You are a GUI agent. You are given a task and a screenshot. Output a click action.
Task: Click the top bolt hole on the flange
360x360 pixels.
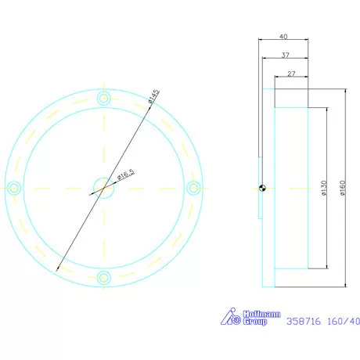103,98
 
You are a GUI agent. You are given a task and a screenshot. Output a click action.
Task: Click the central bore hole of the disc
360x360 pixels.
103,186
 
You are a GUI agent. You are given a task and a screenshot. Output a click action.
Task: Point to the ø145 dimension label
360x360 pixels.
153,97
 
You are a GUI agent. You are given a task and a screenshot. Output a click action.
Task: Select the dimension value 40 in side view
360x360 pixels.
283,36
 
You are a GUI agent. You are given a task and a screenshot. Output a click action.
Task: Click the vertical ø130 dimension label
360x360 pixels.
322,188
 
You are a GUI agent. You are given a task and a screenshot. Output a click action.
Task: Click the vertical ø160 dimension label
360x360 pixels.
343,188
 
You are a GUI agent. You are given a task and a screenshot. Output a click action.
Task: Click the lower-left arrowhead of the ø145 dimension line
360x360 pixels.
59,268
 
